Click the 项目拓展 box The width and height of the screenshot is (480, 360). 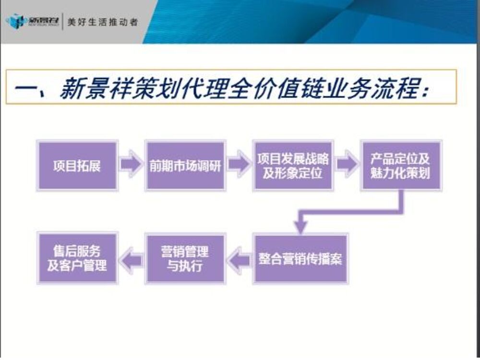[x=77, y=166]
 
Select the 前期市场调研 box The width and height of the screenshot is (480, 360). [x=185, y=166]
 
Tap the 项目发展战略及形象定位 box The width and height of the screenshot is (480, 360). [x=293, y=166]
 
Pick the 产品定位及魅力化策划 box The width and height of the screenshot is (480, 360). [x=400, y=166]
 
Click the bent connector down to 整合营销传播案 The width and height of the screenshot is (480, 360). [x=350, y=211]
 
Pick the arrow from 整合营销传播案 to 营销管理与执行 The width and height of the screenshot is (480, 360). [x=239, y=259]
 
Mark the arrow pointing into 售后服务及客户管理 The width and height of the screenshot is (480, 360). [x=131, y=259]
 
